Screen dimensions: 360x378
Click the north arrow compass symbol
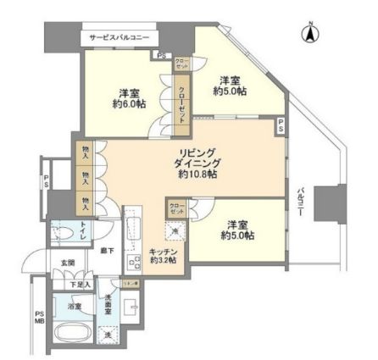click(x=309, y=35)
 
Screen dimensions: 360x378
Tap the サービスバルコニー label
click(x=128, y=39)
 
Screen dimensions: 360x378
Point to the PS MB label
click(x=37, y=318)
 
